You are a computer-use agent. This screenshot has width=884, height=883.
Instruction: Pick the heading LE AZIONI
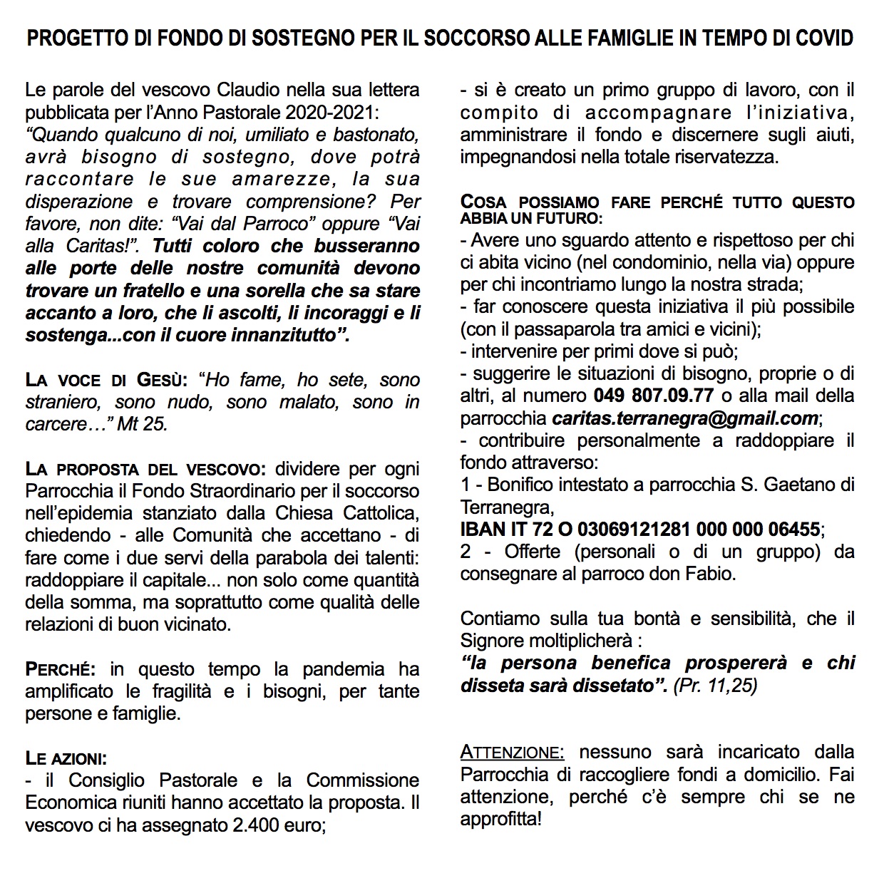66,758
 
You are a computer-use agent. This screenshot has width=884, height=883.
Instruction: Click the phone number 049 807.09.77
653,396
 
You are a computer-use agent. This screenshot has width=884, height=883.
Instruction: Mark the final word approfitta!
500,819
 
